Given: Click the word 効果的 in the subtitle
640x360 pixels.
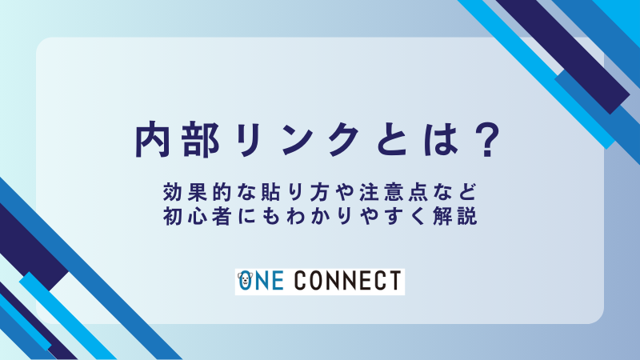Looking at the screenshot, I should (x=190, y=194).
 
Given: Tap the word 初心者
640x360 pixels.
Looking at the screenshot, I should (x=190, y=217).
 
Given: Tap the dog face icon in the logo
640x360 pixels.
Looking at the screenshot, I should (x=245, y=281).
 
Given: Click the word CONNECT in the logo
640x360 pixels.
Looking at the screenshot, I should (x=348, y=282).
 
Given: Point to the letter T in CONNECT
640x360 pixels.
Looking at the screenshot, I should (x=394, y=282).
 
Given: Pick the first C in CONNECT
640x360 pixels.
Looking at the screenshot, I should (x=302, y=282).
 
